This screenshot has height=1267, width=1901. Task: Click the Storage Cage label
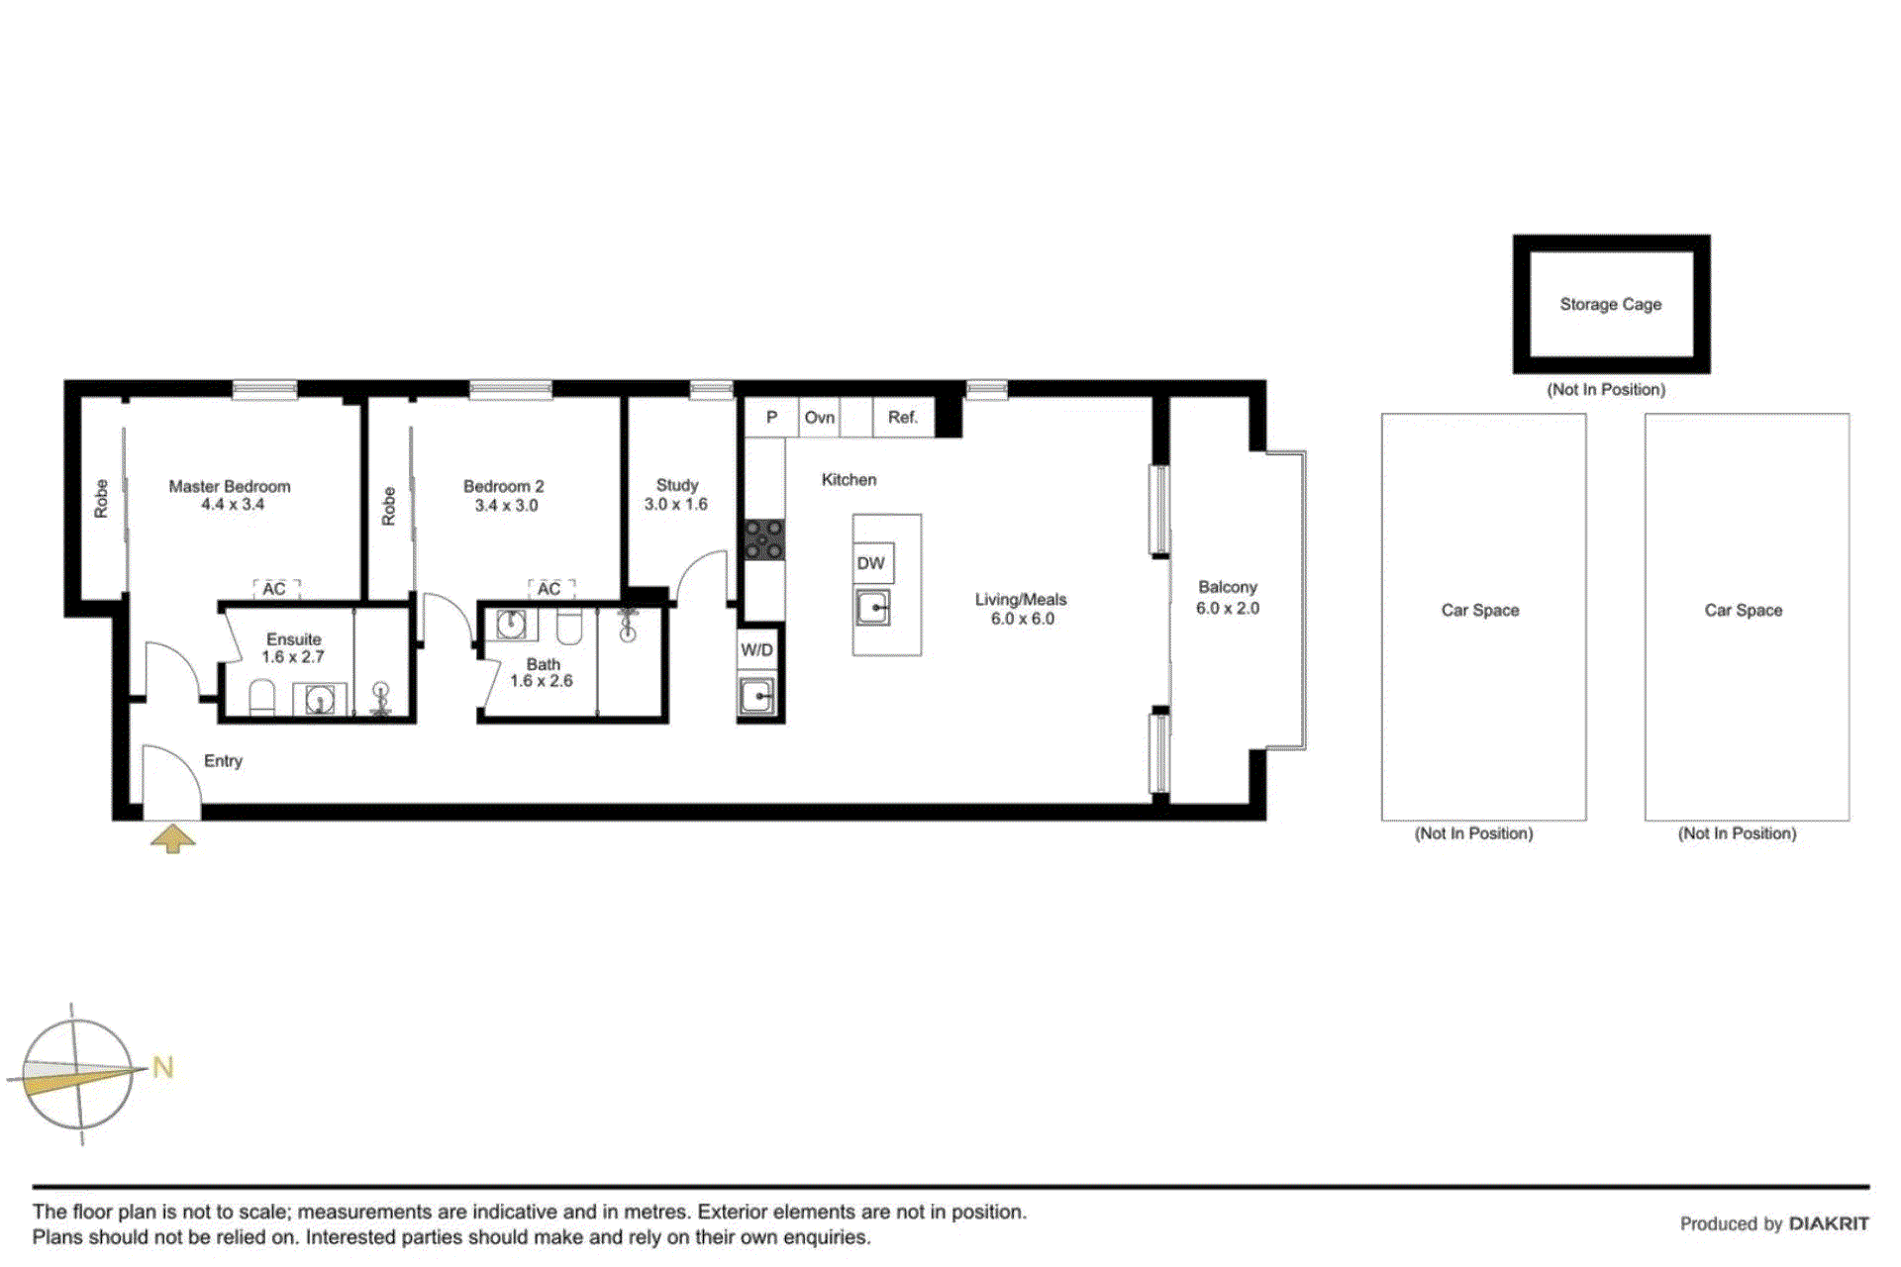pos(1610,304)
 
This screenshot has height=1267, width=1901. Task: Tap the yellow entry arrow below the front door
pos(172,838)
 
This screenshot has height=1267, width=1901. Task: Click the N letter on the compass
pos(163,1067)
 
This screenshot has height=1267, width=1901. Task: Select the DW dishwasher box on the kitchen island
pos(872,563)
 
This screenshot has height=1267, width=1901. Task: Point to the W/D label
pos(757,650)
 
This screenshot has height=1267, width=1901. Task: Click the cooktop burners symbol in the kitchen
pos(764,539)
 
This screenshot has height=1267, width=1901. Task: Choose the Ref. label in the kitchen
pos(903,418)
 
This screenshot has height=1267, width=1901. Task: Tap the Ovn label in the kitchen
pos(820,418)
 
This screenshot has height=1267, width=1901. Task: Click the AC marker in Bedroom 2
pos(550,589)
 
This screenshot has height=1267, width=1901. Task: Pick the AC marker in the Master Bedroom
pos(274,589)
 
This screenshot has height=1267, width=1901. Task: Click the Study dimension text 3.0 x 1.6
pos(676,504)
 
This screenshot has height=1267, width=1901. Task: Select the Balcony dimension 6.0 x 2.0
pos(1228,608)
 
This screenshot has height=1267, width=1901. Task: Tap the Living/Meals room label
pos(1021,599)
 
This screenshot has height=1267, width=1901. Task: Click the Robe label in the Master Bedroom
pos(101,498)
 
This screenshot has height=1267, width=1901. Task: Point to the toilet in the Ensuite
pos(261,698)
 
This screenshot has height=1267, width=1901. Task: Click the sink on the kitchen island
pos(873,607)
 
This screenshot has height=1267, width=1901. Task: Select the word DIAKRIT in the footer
pos(1829,1223)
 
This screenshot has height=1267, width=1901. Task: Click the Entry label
pos(223,760)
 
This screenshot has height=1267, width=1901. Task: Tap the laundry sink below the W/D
pos(757,696)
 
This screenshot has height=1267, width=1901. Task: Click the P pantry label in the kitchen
pos(771,418)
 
